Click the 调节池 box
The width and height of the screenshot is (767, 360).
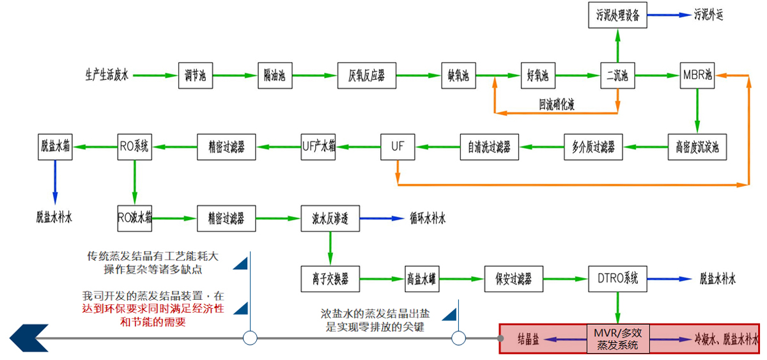pos(195,76)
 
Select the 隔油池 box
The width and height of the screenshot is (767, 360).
pos(275,76)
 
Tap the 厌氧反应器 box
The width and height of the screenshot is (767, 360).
pos(367,76)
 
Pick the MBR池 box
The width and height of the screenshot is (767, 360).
pos(697,76)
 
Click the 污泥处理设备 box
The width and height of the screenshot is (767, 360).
pos(617,15)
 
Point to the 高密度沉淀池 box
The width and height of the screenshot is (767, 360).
pos(697,146)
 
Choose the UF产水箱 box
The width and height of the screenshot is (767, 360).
pos(319,146)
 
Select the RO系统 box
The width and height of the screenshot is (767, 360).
pos(134,146)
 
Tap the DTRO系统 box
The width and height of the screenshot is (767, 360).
pos(617,278)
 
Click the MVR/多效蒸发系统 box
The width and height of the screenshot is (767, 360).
pos(617,338)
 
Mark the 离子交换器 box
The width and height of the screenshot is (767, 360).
pos(330,278)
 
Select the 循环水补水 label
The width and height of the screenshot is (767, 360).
pos(428,219)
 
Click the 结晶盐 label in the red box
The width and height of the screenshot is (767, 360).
pos(528,339)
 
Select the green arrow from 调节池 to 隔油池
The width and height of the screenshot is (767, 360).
pos(235,76)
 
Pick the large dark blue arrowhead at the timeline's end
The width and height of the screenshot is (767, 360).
pos(29,338)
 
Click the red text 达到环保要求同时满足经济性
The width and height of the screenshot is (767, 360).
pos(153,309)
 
